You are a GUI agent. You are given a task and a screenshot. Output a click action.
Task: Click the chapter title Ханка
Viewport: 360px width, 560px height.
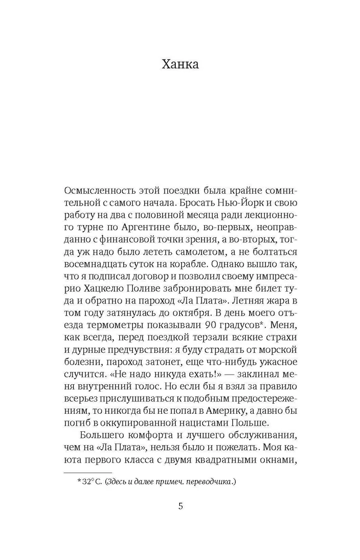(180, 64)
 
